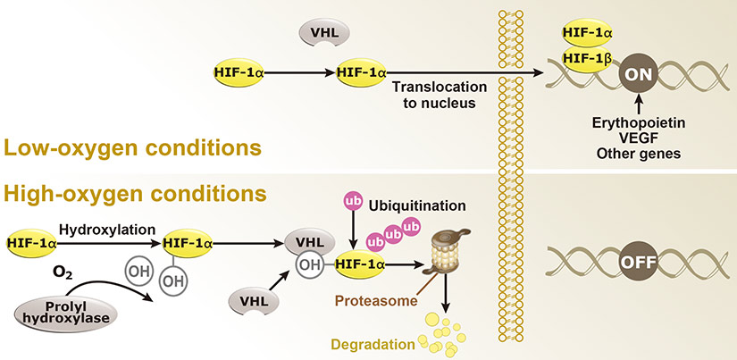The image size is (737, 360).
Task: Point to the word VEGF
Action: pyautogui.click(x=638, y=138)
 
